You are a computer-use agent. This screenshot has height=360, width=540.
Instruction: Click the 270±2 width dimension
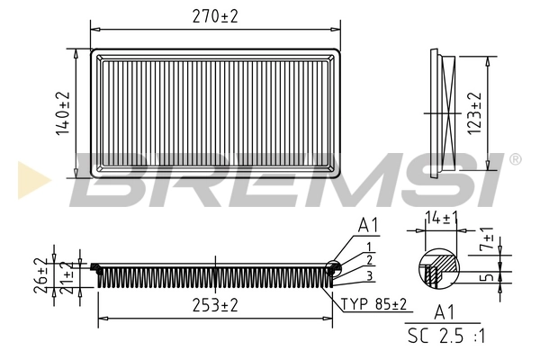[217, 15]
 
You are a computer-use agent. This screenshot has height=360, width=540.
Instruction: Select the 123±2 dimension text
[474, 112]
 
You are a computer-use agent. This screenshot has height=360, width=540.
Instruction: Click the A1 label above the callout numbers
[369, 225]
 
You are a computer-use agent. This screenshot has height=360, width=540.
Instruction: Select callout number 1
[369, 247]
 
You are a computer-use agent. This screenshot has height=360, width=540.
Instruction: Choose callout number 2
[369, 259]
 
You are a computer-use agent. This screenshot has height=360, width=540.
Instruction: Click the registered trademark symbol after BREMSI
[515, 159]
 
